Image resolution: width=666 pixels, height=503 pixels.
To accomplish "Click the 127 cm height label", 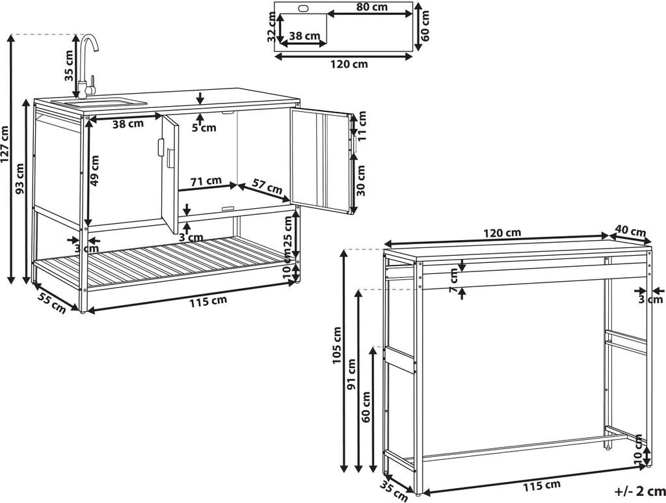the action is click(x=6, y=143).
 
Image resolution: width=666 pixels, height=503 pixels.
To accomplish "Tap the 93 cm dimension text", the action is click(x=20, y=178).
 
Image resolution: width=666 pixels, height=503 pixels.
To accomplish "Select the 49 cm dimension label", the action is click(x=96, y=171).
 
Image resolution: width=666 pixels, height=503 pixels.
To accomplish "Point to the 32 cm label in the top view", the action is click(x=272, y=30).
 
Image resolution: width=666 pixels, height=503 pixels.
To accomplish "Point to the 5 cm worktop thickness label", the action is click(x=204, y=128).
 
